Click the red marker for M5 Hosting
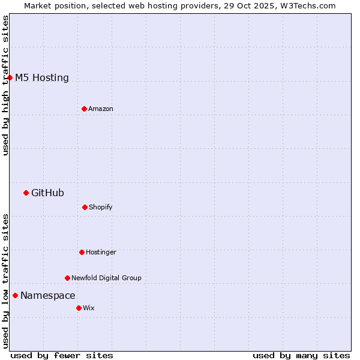(10, 77)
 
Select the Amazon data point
(84, 109)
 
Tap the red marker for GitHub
(26, 193)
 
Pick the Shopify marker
(85, 207)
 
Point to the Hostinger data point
(82, 252)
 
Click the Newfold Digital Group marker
(67, 278)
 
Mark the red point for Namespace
(15, 295)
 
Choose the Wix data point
(79, 308)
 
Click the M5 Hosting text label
(42, 77)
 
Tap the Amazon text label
(101, 109)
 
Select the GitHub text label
(47, 193)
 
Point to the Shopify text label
(101, 207)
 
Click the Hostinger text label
(101, 252)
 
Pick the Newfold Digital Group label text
(106, 278)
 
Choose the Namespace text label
(48, 295)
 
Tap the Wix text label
(89, 308)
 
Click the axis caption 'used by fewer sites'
(62, 355)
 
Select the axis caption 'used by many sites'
(301, 355)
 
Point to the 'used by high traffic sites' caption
(5, 85)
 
